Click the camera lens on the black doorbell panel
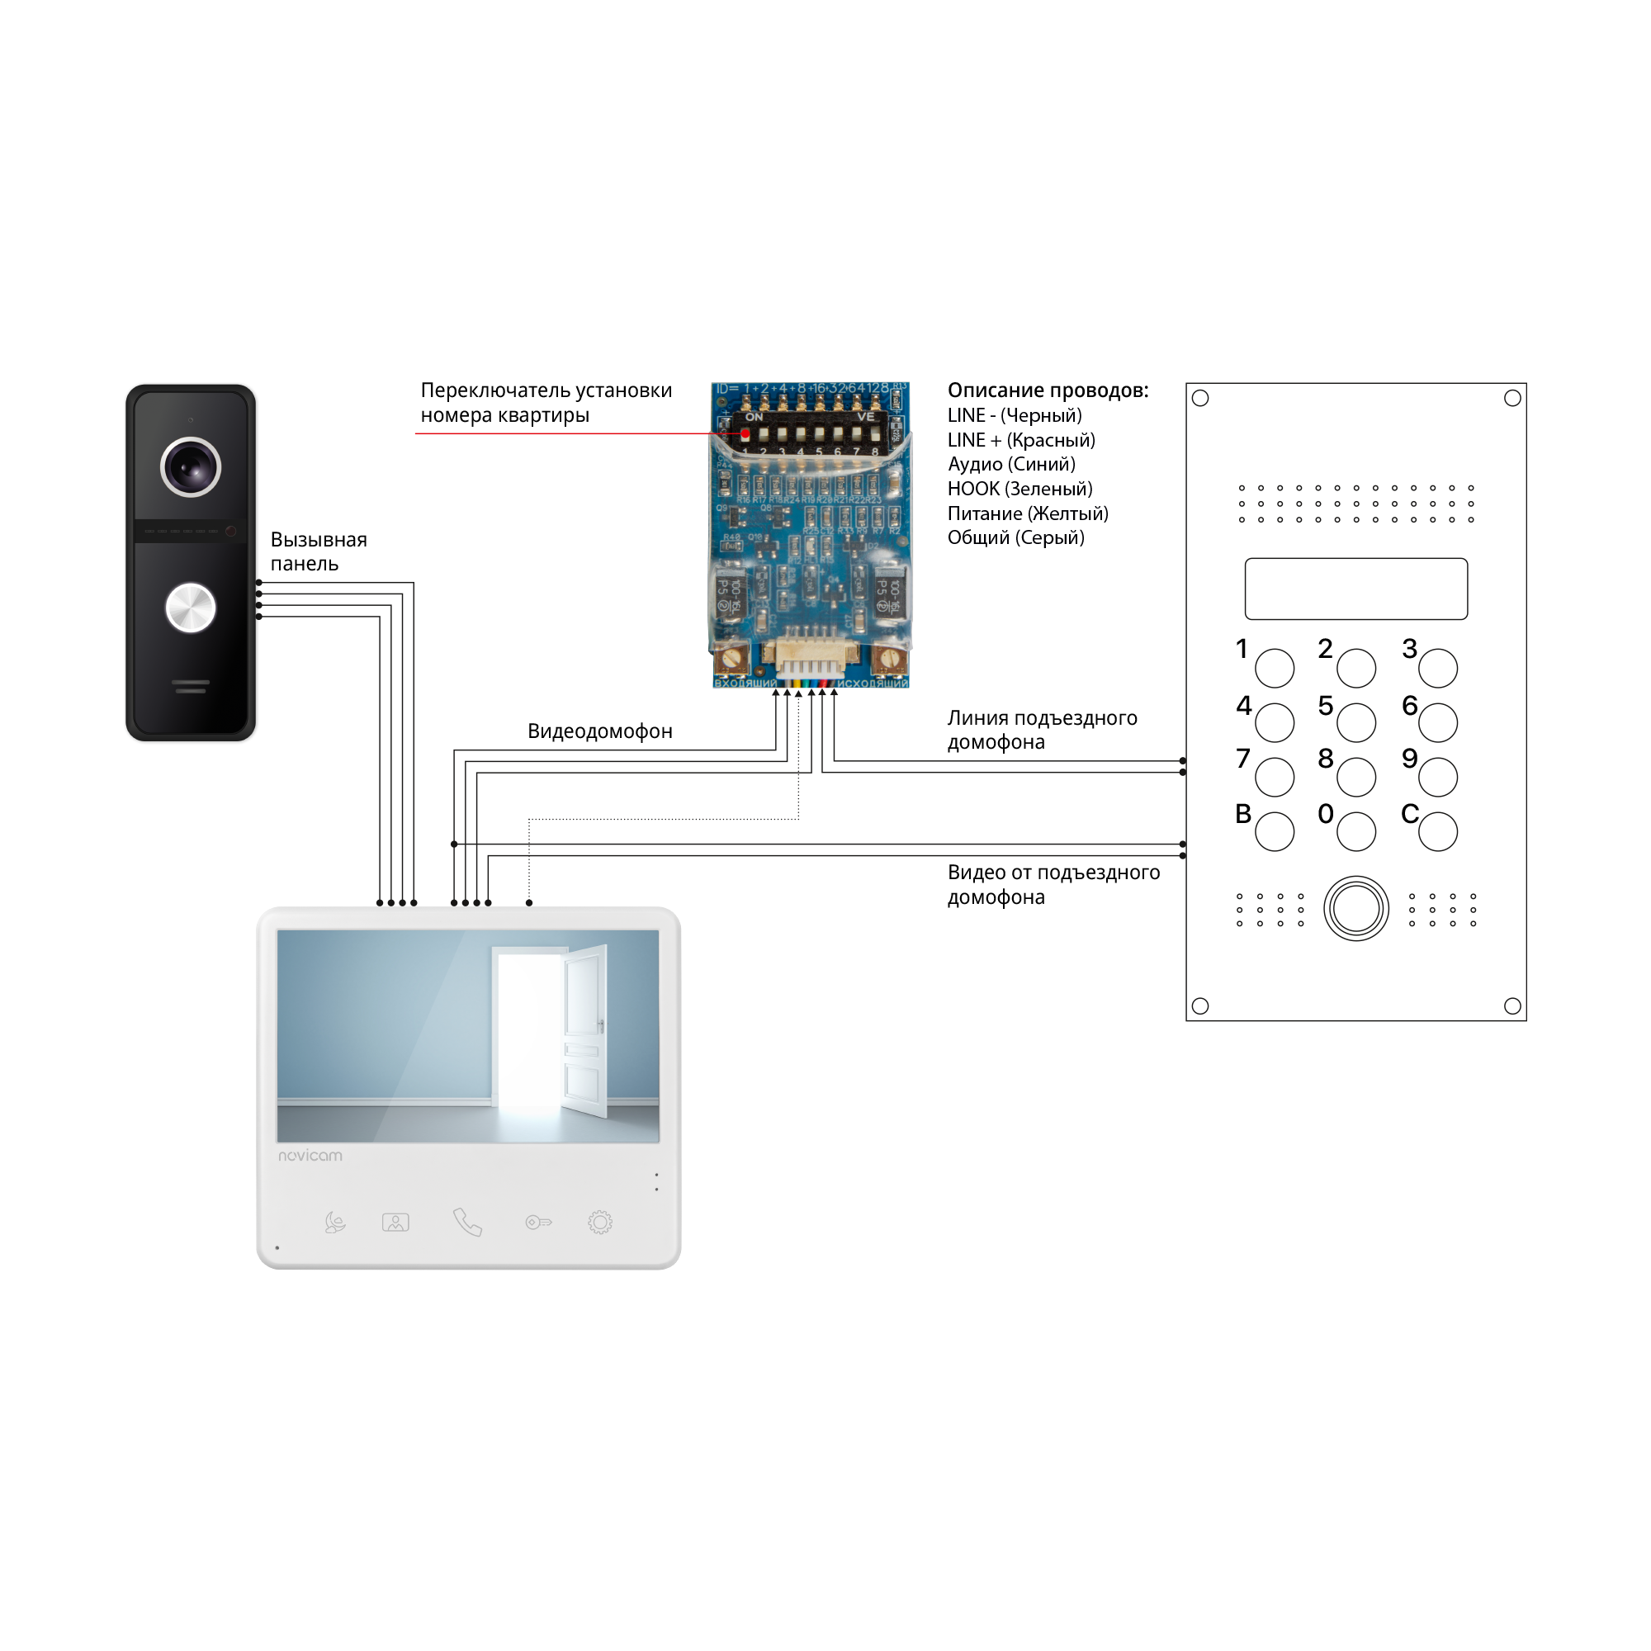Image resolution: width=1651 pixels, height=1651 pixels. coord(191,466)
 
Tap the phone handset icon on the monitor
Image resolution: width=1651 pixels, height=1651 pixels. coord(467,1222)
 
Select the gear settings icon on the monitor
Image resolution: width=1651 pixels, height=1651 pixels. coord(600,1222)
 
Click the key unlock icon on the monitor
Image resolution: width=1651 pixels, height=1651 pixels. coord(538,1223)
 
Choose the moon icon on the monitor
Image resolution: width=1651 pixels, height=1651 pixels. coord(335,1223)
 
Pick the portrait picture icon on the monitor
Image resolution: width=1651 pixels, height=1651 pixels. coord(395,1223)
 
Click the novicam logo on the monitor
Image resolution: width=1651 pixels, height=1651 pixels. coord(310,1156)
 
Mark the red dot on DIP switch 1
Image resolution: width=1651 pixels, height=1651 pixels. coord(745,434)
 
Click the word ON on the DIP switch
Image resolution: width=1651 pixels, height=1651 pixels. coord(754,417)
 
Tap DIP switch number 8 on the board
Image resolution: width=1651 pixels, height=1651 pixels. coord(874,435)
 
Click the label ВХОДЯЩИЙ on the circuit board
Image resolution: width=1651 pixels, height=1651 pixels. coord(745,684)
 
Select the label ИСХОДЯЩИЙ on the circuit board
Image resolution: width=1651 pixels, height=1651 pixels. coord(872,684)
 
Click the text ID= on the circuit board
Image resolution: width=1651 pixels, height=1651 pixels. coord(727,389)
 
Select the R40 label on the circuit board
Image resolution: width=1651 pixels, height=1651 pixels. coord(731,537)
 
